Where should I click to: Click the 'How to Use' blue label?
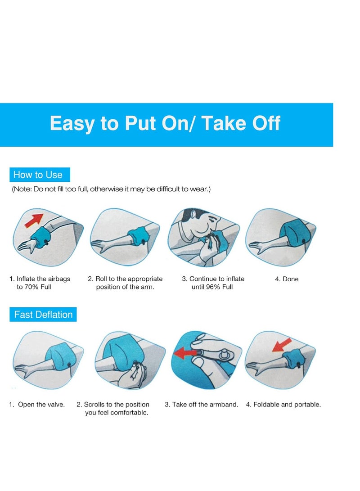coord(40,175)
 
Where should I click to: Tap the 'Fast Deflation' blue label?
coord(43,315)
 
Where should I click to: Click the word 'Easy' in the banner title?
coord(72,123)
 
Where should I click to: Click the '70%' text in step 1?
coord(31,287)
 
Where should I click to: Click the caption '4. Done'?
coord(287,279)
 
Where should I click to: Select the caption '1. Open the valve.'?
coord(37,404)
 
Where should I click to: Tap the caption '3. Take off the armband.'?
coord(201,404)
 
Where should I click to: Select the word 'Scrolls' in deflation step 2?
coord(94,404)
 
